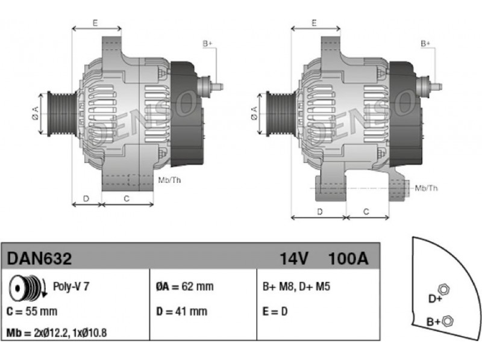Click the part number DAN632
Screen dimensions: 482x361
point(39,259)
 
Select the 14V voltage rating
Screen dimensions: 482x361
point(293,259)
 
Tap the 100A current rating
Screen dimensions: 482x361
point(348,259)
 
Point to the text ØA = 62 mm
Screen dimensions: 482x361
point(184,286)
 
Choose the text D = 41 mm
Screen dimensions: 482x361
point(181,311)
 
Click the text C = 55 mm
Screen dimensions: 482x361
point(32,311)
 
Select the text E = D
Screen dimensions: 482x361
point(275,311)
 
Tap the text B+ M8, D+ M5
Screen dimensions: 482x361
point(296,286)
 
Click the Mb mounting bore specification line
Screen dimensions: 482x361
point(57,333)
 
